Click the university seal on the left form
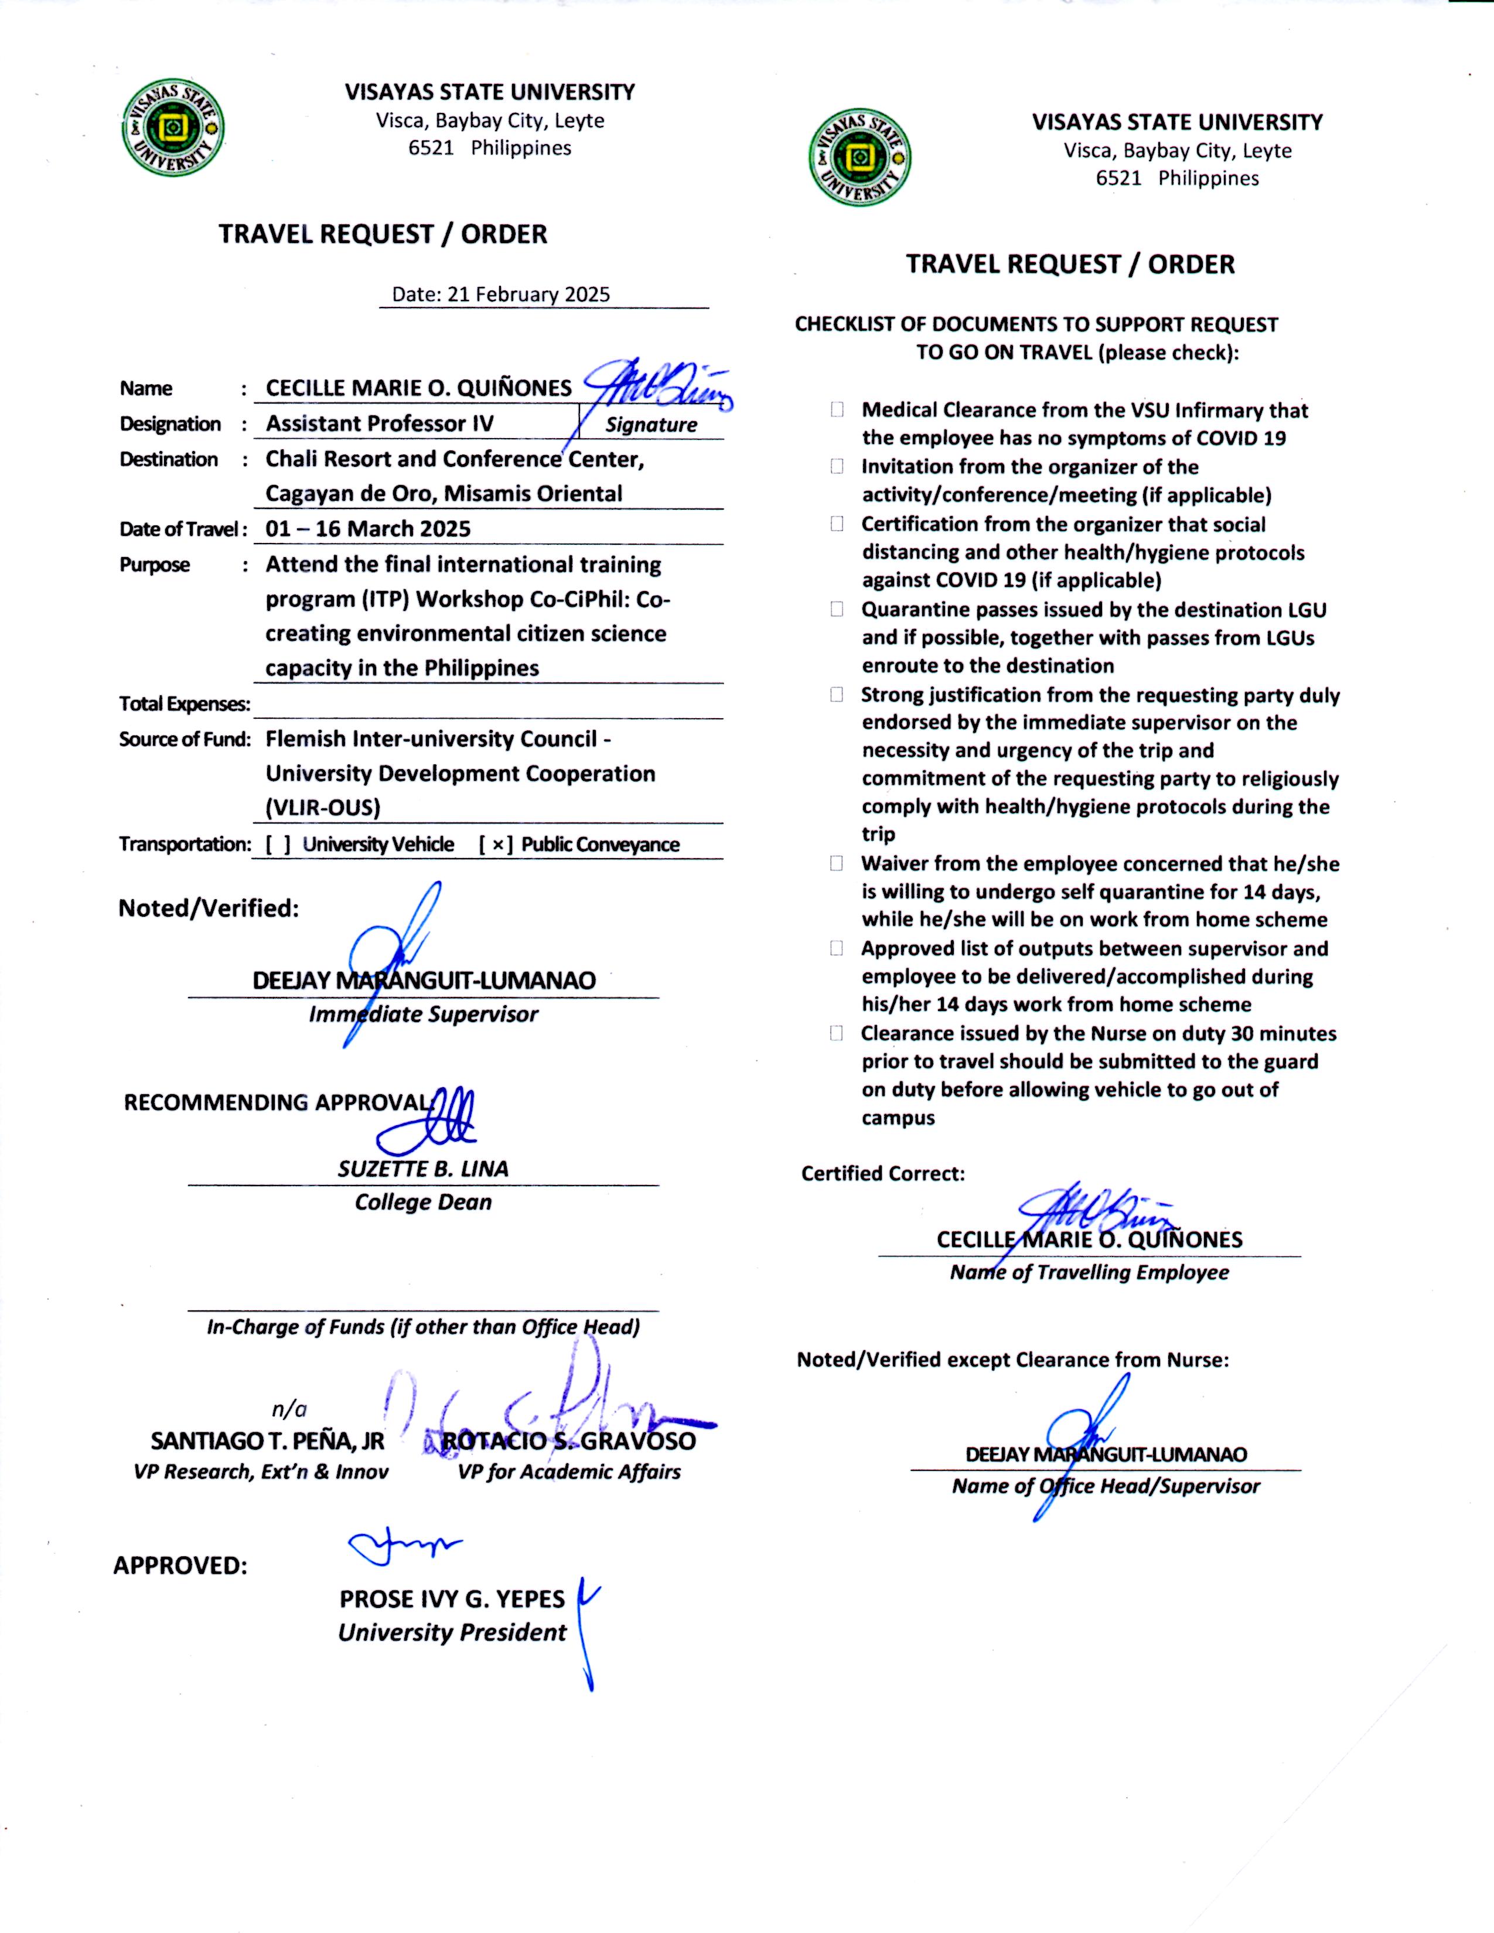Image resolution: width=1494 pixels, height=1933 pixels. [173, 128]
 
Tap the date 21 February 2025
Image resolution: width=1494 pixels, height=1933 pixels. [528, 295]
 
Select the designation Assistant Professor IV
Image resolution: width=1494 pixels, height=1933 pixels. [380, 424]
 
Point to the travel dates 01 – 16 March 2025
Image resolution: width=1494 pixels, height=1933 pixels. [368, 530]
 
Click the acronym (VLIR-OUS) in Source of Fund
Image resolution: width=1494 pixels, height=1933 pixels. [323, 808]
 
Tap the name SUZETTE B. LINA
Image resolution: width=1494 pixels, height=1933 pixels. [423, 1169]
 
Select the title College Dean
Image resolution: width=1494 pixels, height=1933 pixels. [423, 1203]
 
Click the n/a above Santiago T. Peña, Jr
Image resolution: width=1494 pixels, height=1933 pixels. [289, 1409]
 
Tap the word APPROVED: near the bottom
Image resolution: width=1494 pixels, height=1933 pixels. [180, 1566]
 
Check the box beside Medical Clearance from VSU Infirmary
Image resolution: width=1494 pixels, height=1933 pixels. [837, 410]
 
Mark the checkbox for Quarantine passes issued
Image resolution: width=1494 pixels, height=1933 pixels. [837, 610]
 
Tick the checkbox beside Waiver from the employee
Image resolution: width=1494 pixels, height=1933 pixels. [837, 864]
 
